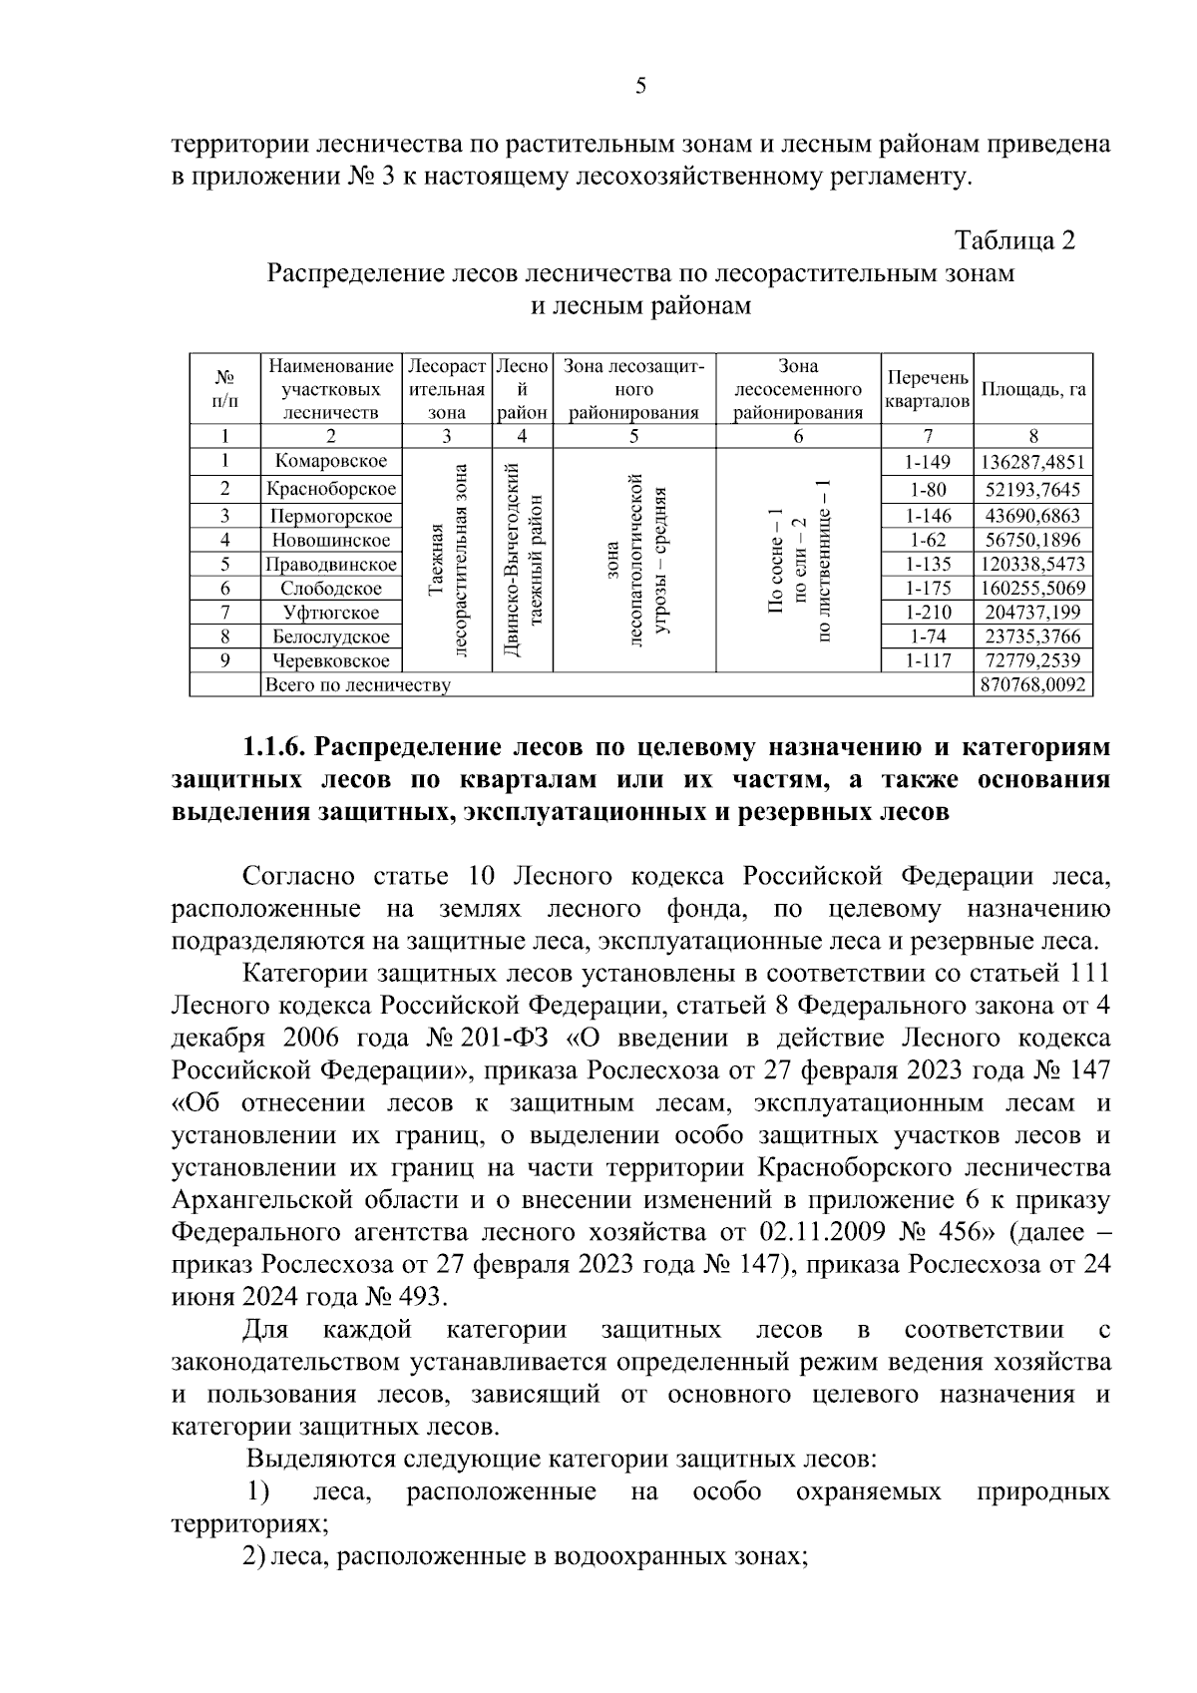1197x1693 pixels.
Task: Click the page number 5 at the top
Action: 640,86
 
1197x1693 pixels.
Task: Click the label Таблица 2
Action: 1015,240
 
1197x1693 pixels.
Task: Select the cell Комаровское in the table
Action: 331,461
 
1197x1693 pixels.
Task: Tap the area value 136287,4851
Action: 1032,463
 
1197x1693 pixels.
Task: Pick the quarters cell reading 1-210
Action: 928,613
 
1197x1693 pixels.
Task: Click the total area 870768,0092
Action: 1032,685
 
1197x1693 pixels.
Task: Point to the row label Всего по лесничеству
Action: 356,685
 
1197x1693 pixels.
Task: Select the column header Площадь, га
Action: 1032,389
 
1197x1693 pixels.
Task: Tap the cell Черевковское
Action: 331,660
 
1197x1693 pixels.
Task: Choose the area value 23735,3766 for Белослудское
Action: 1032,636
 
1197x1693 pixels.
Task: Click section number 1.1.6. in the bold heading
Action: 278,747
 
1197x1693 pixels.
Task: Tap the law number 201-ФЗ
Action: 510,1038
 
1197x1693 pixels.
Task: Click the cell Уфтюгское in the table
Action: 331,613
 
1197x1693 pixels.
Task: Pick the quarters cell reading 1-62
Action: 928,540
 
